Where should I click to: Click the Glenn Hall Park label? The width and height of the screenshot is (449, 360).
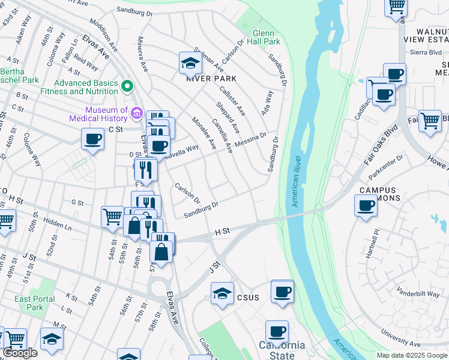(267, 37)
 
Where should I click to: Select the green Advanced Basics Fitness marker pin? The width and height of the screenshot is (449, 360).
(127, 86)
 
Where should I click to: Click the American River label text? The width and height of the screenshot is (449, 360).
(296, 181)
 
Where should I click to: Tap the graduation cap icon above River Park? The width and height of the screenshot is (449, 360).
(190, 62)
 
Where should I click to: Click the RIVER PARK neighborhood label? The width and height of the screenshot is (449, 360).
(211, 79)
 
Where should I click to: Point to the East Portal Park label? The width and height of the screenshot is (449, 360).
(35, 303)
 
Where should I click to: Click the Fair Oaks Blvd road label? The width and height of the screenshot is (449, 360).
(381, 145)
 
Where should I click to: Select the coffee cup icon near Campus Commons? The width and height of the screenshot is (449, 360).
(366, 206)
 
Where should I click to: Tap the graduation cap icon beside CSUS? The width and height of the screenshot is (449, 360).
(222, 293)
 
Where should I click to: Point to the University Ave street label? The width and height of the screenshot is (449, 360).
(402, 338)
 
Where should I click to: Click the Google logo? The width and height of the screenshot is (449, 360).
(20, 353)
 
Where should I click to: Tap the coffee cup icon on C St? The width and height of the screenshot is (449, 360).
(93, 140)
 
